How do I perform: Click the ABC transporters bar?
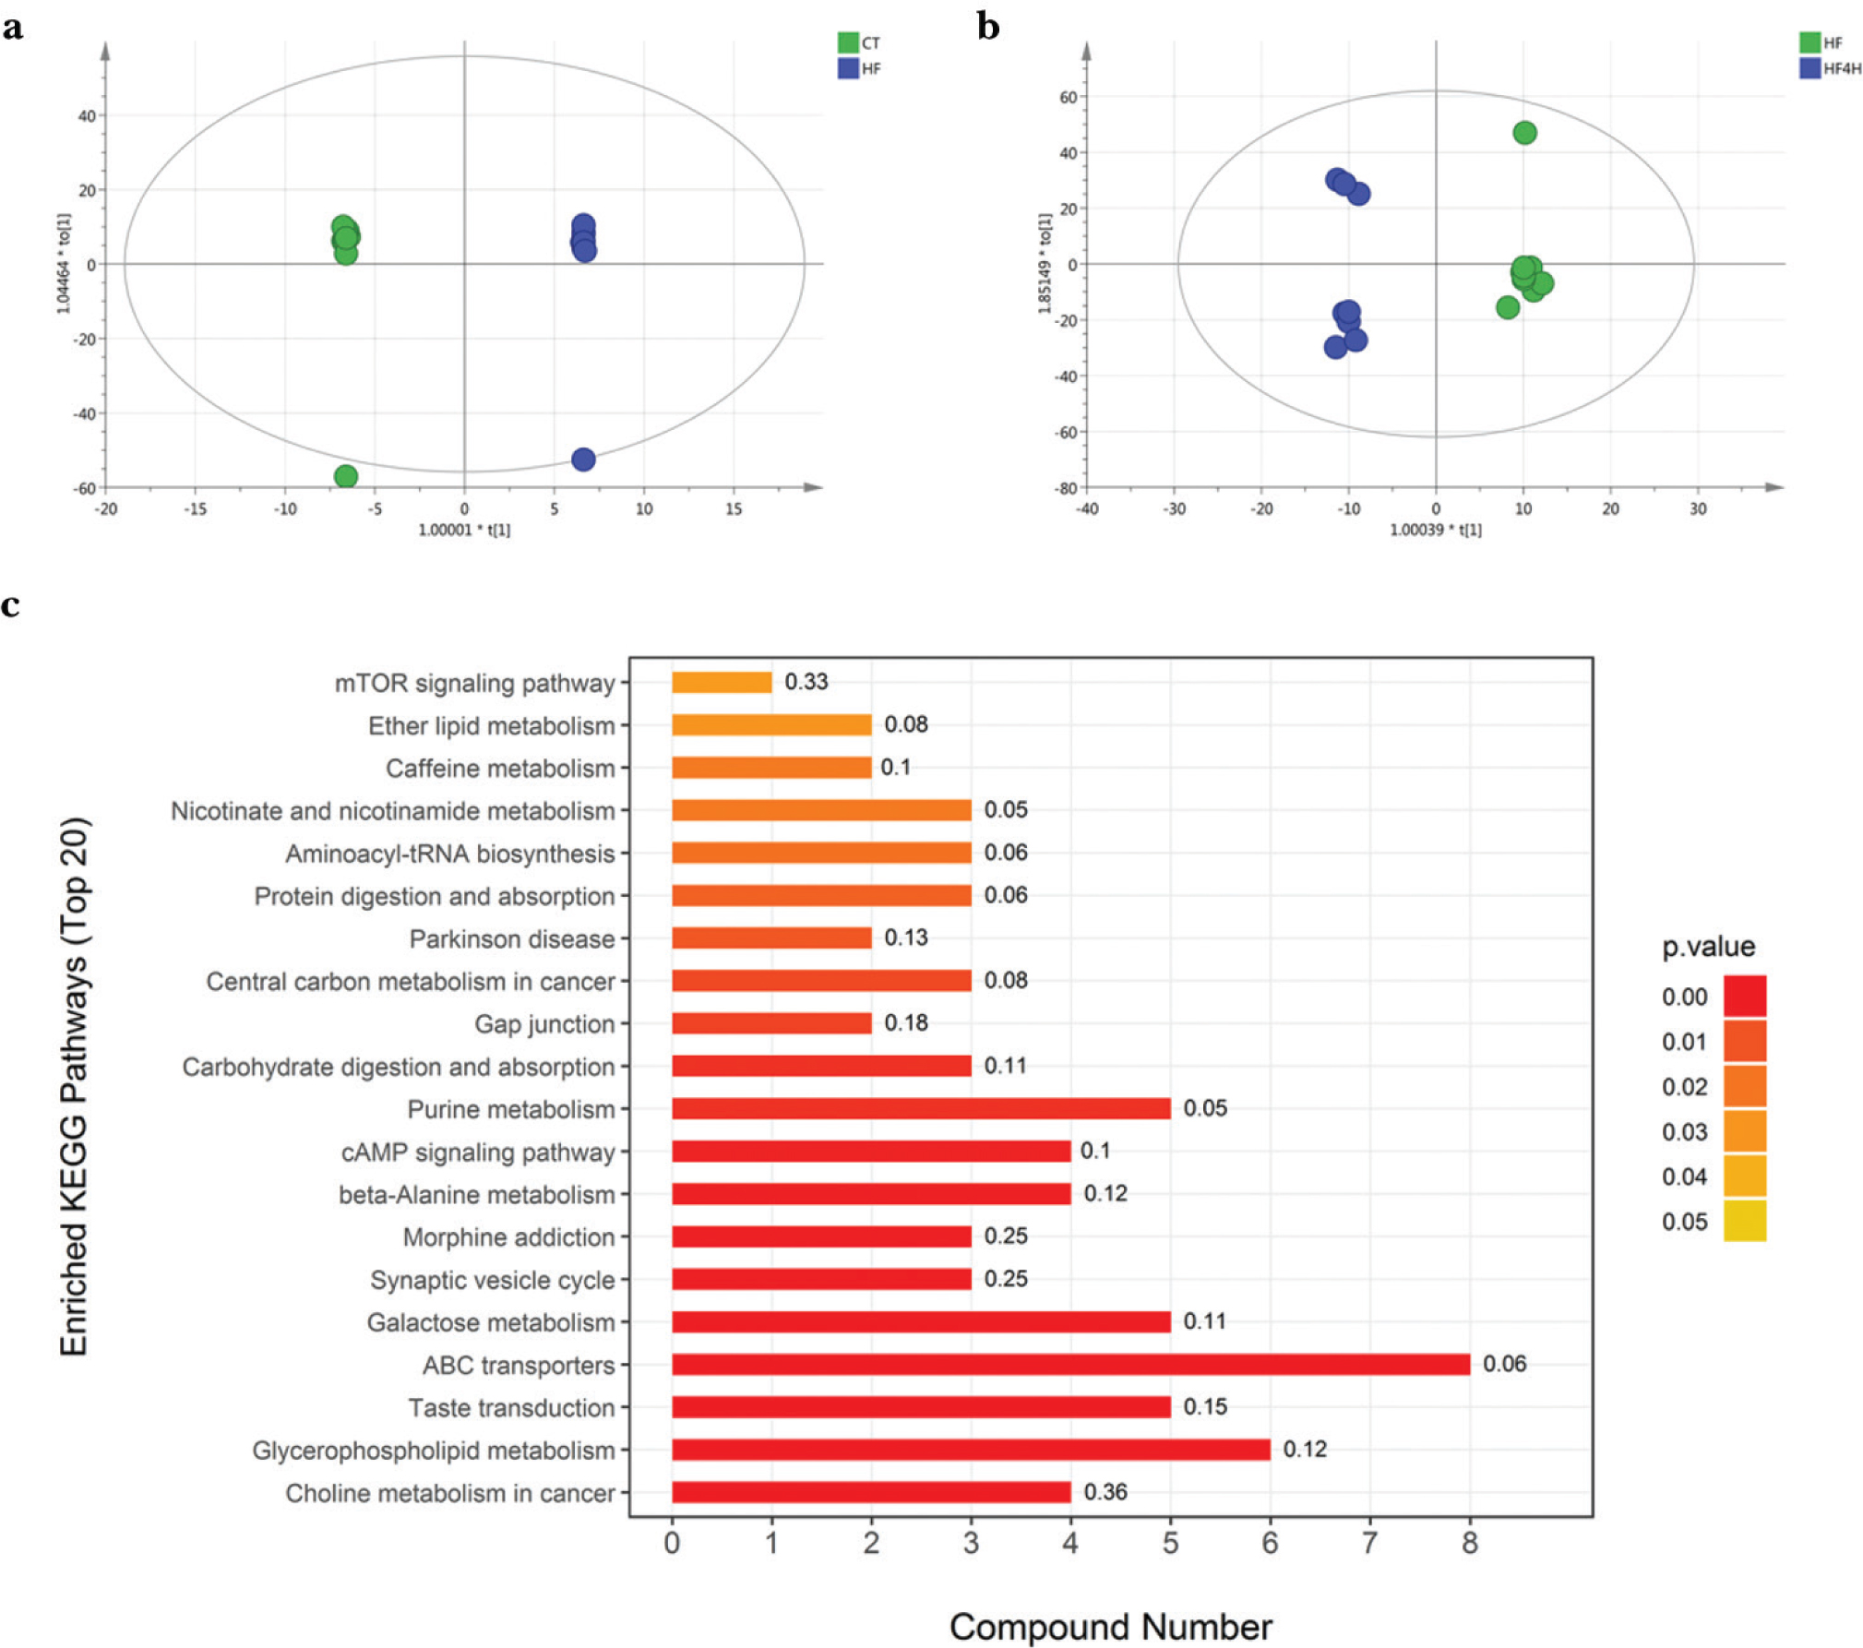(1069, 1364)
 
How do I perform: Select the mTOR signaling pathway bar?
(721, 682)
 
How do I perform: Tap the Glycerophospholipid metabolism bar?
(970, 1449)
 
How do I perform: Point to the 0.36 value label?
(1105, 1492)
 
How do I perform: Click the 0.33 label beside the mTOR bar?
(806, 682)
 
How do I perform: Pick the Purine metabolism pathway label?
(510, 1109)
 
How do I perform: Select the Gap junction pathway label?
(543, 1024)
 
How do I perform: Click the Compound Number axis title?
(1110, 1627)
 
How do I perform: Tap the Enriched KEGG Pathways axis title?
(74, 1086)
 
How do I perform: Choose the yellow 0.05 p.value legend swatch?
(1744, 1221)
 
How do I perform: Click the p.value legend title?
(1708, 947)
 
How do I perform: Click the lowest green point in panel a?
(346, 476)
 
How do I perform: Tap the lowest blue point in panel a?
(583, 460)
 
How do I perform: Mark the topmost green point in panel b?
(1524, 133)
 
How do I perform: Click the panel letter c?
(11, 605)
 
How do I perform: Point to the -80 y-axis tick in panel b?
(1066, 488)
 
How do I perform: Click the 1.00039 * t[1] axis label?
(1435, 530)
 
